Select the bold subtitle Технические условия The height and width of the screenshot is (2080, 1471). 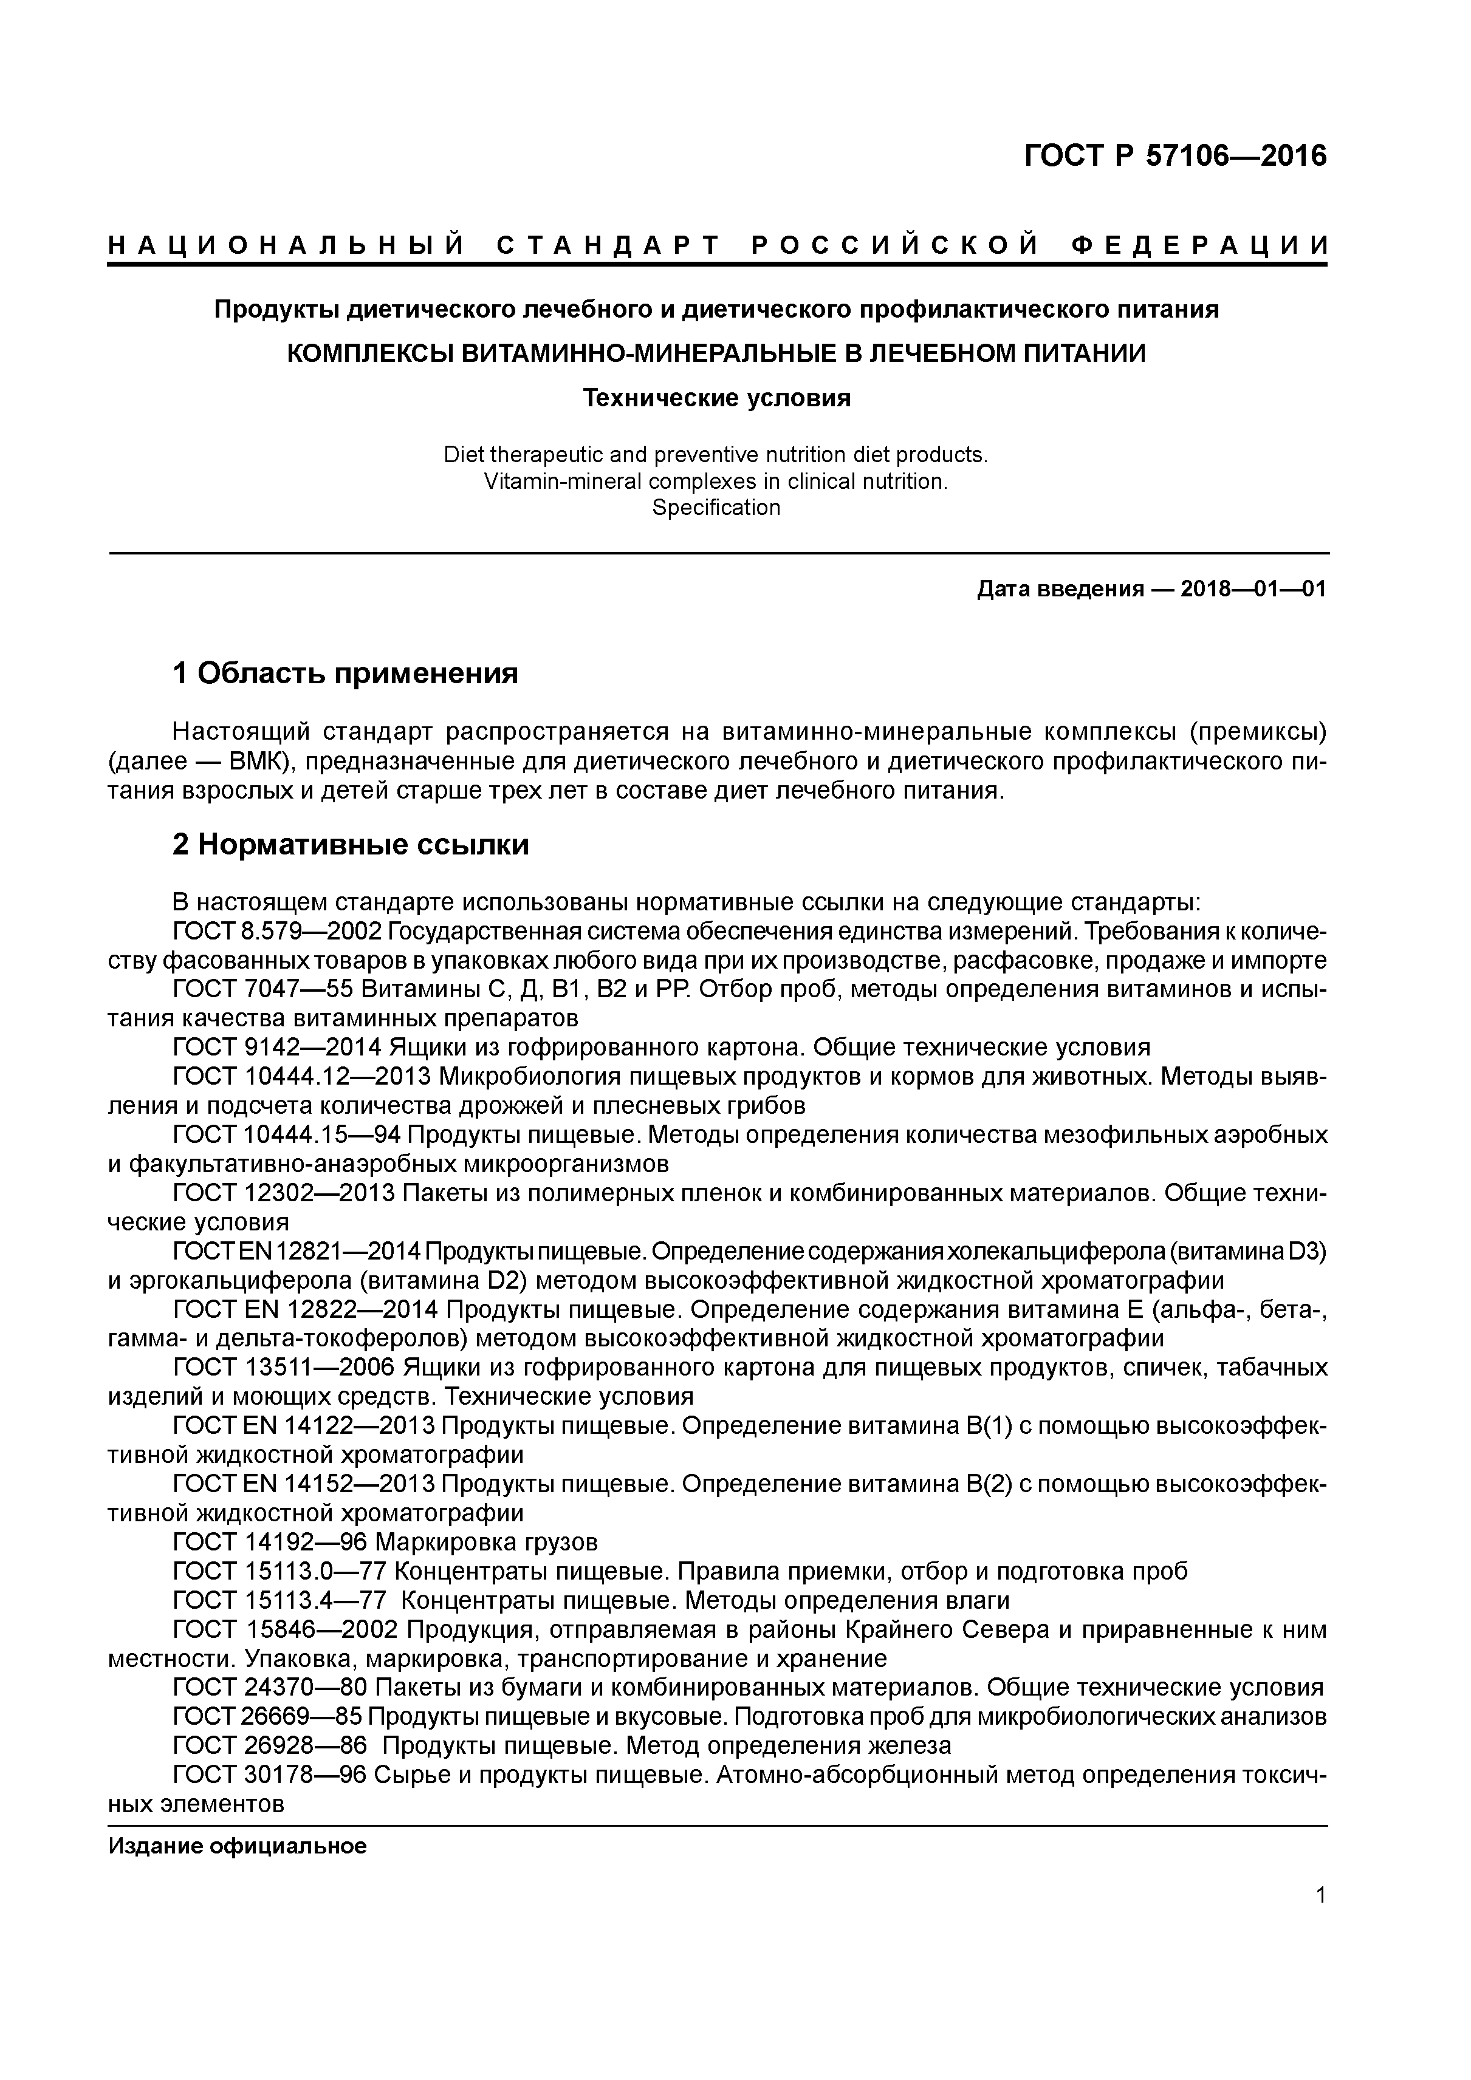pos(716,398)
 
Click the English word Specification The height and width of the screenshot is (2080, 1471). pos(716,507)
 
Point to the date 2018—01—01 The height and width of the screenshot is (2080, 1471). pos(1253,590)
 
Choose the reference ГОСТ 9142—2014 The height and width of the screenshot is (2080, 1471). pos(276,1048)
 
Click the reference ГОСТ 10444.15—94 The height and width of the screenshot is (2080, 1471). pos(288,1135)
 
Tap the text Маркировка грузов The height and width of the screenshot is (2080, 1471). pos(486,1543)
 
